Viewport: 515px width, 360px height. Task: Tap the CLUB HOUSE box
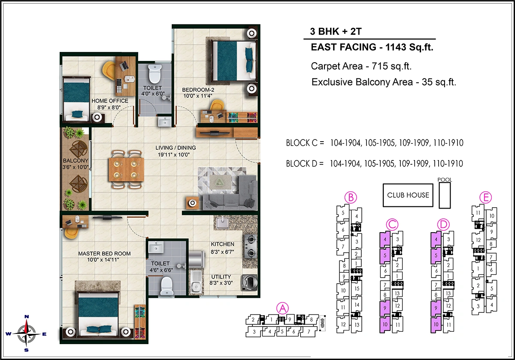[408, 195]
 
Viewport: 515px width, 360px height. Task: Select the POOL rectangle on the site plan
[445, 194]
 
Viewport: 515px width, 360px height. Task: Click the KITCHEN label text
[222, 244]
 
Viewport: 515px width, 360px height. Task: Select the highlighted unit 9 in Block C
[385, 308]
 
